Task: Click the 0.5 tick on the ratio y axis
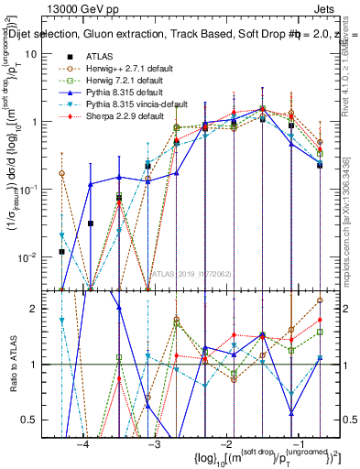click(x=38, y=420)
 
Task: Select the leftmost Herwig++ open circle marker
click(x=61, y=173)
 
